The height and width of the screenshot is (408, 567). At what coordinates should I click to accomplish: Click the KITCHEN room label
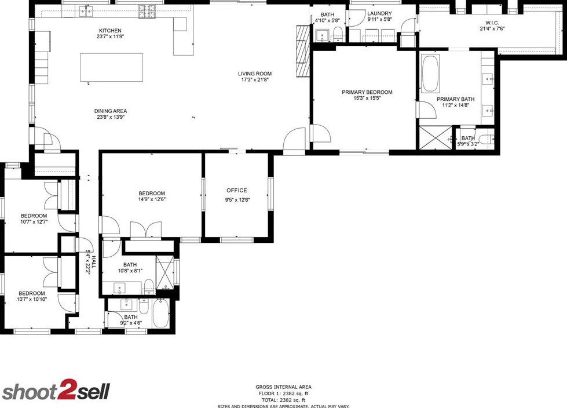pyautogui.click(x=110, y=31)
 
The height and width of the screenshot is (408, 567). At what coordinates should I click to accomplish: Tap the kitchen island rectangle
pyautogui.click(x=111, y=67)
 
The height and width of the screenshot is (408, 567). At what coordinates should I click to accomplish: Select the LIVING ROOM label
pyautogui.click(x=255, y=74)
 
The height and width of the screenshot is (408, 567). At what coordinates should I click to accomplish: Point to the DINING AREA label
pyautogui.click(x=111, y=111)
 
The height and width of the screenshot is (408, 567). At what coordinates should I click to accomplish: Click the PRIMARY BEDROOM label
pyautogui.click(x=367, y=92)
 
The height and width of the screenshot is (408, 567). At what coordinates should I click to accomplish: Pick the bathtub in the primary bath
pyautogui.click(x=430, y=74)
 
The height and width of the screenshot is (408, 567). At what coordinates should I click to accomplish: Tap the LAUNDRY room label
pyautogui.click(x=379, y=13)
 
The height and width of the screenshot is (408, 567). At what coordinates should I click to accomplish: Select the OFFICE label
pyautogui.click(x=236, y=190)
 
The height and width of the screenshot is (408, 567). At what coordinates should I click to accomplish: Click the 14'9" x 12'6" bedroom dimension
pyautogui.click(x=152, y=200)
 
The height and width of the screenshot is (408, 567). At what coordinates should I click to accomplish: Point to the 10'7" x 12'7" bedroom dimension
pyautogui.click(x=34, y=221)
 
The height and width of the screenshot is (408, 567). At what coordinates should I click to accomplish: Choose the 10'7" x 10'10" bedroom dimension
pyautogui.click(x=31, y=300)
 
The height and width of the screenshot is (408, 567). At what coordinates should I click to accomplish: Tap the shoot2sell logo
pyautogui.click(x=56, y=392)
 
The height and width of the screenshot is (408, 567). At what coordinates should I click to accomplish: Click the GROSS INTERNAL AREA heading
pyautogui.click(x=283, y=387)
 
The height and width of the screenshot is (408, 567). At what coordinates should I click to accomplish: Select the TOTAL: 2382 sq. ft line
pyautogui.click(x=283, y=400)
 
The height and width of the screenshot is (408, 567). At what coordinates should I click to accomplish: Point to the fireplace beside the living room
pyautogui.click(x=302, y=51)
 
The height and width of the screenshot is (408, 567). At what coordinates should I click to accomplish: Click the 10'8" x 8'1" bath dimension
pyautogui.click(x=130, y=271)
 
